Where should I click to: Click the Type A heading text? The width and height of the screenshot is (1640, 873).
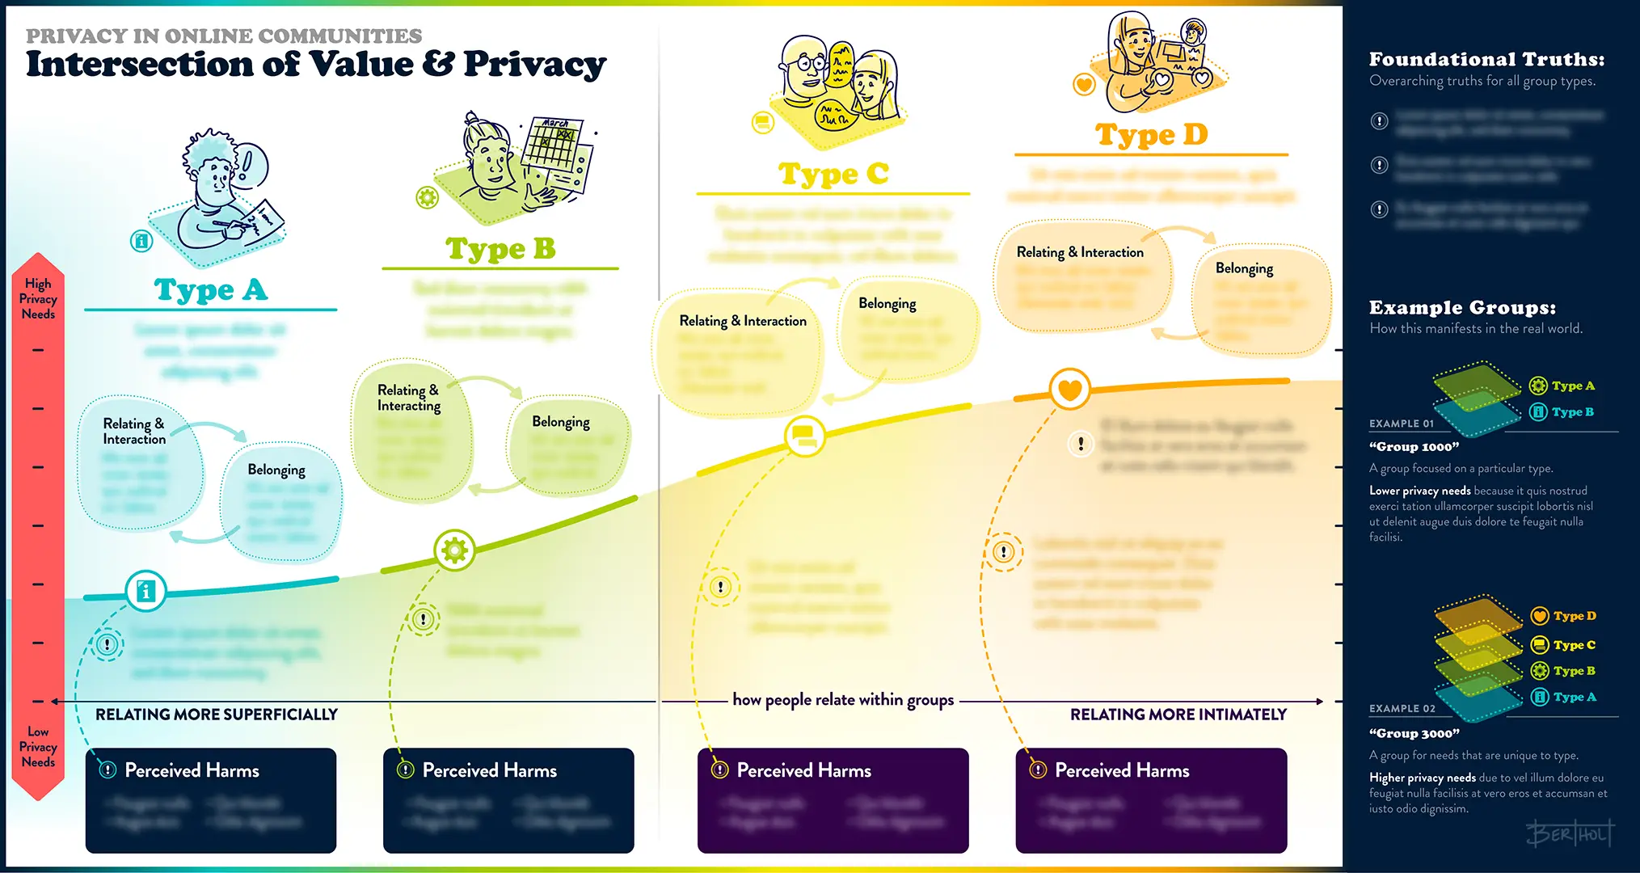[x=210, y=289]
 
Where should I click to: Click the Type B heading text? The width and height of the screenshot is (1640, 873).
[x=500, y=248]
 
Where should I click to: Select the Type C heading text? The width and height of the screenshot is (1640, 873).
[x=833, y=174]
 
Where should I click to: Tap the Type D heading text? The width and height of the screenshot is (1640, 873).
[x=1151, y=134]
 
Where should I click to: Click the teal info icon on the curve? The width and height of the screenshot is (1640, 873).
[x=146, y=592]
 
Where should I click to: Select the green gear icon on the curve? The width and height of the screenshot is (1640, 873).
[x=454, y=550]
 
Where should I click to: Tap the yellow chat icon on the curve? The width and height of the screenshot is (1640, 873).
[x=804, y=436]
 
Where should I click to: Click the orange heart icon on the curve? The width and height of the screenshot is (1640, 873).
[x=1069, y=390]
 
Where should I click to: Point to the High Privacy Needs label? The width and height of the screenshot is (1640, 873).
[x=38, y=299]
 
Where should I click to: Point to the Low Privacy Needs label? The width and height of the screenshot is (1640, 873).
[x=38, y=747]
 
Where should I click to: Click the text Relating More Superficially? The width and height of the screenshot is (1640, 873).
[x=217, y=715]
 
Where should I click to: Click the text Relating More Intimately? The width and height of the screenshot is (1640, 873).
[x=1178, y=715]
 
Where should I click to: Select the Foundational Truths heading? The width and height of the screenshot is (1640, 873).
[x=1486, y=60]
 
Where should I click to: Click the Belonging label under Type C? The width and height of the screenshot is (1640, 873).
[x=887, y=304]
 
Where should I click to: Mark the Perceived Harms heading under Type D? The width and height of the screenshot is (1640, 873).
[x=1121, y=771]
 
